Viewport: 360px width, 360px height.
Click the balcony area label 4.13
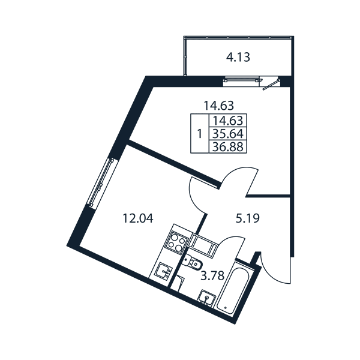click(238, 57)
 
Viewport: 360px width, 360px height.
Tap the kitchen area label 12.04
click(138, 218)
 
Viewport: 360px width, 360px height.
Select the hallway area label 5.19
click(247, 218)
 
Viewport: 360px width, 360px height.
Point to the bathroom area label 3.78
click(212, 276)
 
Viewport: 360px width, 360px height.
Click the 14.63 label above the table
click(219, 106)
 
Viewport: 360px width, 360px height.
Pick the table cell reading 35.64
click(228, 134)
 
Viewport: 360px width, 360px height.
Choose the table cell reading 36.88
click(228, 146)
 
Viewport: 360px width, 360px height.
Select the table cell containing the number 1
click(200, 133)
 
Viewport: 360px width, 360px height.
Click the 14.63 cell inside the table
click(228, 121)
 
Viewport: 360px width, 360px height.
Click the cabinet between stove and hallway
click(203, 245)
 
